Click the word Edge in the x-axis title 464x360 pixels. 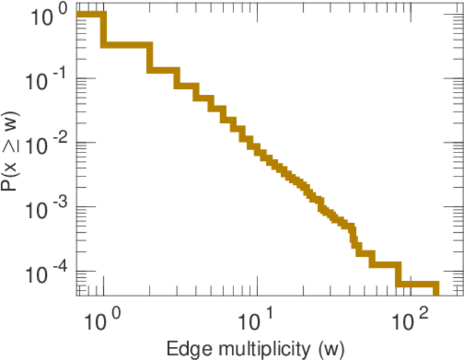coord(184,347)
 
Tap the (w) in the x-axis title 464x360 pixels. coord(329,347)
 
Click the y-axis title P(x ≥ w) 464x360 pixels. coord(11,151)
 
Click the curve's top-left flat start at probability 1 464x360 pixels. coord(90,14)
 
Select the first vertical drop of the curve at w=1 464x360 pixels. coord(103,30)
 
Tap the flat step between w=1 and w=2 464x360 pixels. coord(126,46)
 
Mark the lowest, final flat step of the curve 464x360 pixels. coord(417,284)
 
